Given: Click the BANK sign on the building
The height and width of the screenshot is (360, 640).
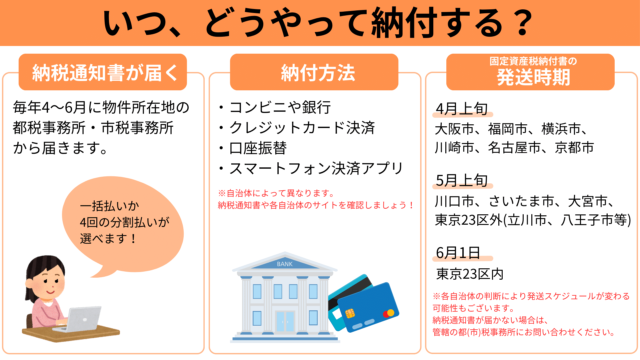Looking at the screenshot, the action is [x=285, y=264].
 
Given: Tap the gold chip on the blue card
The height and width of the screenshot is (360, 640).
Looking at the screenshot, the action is [x=350, y=313].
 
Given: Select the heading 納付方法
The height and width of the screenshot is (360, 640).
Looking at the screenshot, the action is [x=318, y=73].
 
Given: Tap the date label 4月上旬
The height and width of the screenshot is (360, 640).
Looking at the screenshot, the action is [x=462, y=109].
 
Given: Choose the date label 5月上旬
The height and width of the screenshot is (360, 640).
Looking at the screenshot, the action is [x=462, y=180].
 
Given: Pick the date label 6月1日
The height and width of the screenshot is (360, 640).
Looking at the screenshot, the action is [x=458, y=253].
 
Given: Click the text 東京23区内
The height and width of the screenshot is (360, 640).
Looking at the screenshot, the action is [x=470, y=274].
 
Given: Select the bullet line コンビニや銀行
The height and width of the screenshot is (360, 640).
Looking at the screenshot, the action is [x=275, y=107].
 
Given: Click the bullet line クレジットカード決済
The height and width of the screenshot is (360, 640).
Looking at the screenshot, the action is [x=297, y=128].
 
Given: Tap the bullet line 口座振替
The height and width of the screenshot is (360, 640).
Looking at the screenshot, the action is [x=253, y=148].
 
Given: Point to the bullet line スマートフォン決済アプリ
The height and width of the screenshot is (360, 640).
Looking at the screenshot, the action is [x=311, y=168].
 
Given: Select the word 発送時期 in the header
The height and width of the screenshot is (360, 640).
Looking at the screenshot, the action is [x=533, y=77].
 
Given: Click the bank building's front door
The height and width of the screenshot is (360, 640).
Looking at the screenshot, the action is [x=285, y=321].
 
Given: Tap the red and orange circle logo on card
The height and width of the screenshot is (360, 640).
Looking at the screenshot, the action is [x=389, y=313].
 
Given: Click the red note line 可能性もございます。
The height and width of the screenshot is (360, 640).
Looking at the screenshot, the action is [x=474, y=308].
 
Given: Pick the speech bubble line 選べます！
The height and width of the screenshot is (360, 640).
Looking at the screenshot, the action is [x=108, y=239].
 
